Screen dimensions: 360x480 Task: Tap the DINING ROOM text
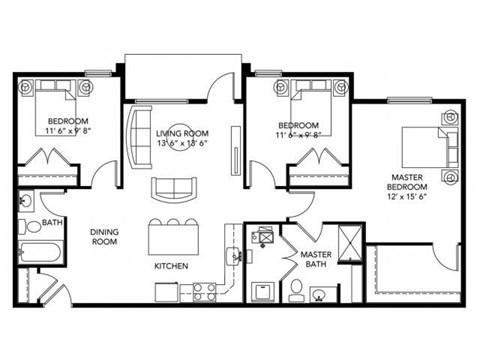[x=106, y=237]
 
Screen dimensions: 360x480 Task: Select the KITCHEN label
[x=173, y=267]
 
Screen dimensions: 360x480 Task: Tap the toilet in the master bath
[x=297, y=290]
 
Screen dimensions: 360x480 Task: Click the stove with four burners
[x=205, y=291]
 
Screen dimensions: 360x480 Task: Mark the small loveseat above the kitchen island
[x=175, y=188]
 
